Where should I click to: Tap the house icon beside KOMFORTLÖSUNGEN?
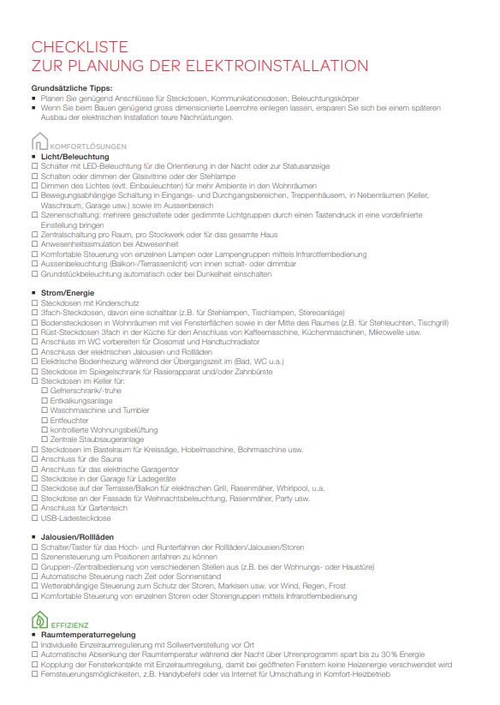click(x=39, y=142)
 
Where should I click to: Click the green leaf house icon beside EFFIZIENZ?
click(x=39, y=620)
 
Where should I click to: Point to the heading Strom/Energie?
click(x=69, y=293)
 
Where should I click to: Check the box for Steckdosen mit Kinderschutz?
click(x=33, y=302)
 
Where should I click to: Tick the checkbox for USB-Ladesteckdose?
click(x=33, y=518)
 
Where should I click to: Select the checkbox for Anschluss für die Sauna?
click(x=33, y=459)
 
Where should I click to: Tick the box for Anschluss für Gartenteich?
click(x=33, y=508)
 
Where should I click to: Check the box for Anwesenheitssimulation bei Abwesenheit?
click(x=33, y=244)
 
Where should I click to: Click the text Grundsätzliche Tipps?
click(x=72, y=89)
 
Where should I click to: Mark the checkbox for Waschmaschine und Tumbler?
click(x=45, y=410)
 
